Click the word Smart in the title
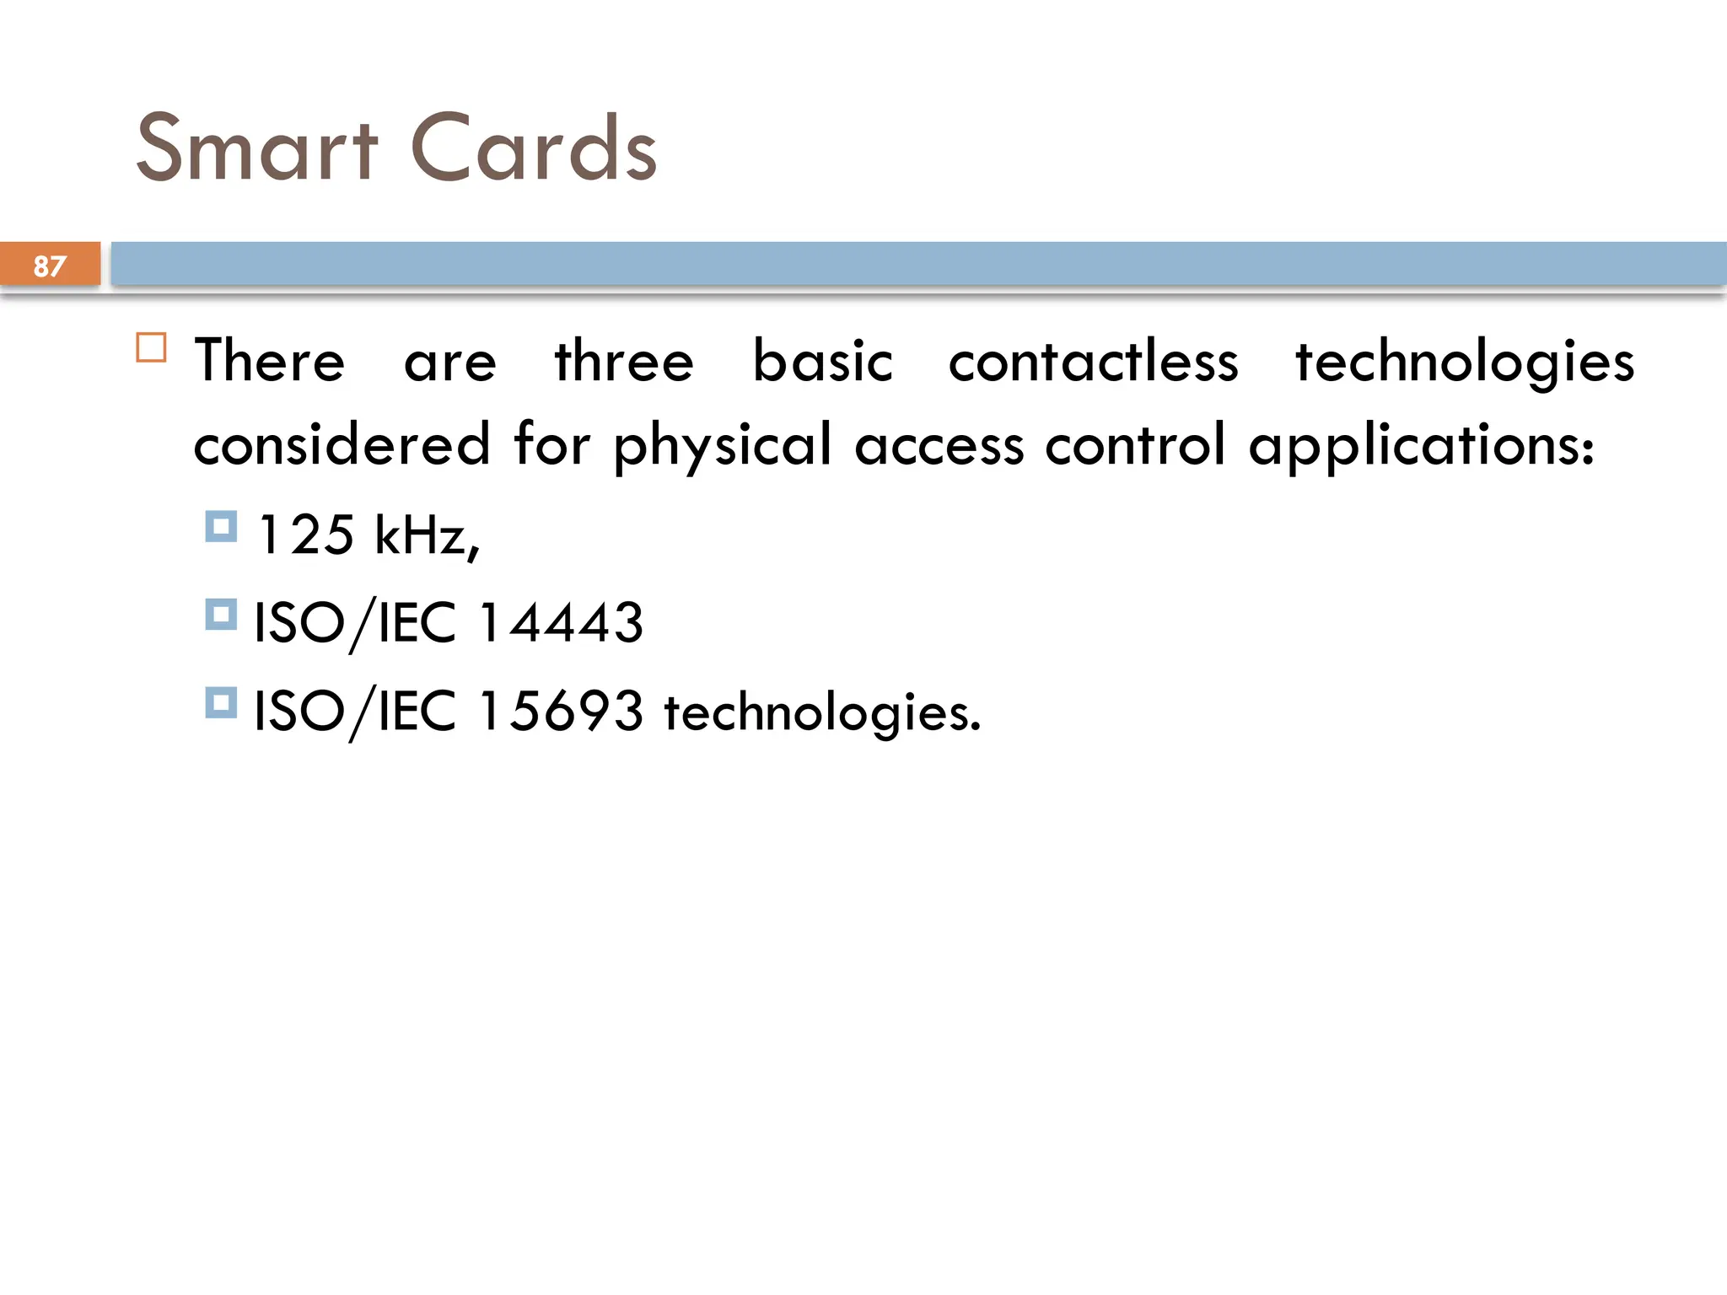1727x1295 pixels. coord(257,148)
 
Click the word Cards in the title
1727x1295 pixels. coord(533,148)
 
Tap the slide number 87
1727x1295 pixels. coord(50,266)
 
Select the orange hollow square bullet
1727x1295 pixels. coord(152,347)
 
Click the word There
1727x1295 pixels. coord(270,361)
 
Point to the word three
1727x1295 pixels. coord(624,361)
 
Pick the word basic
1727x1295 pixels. coord(822,361)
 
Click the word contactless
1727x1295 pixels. coord(1094,361)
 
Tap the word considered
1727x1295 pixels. coord(342,444)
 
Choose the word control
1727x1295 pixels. coord(1135,444)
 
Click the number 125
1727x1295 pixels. coord(306,535)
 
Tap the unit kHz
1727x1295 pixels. coord(426,535)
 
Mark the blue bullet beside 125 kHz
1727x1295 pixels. coord(221,527)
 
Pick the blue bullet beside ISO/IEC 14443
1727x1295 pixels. coord(221,615)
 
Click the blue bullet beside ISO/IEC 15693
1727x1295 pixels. coord(221,702)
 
